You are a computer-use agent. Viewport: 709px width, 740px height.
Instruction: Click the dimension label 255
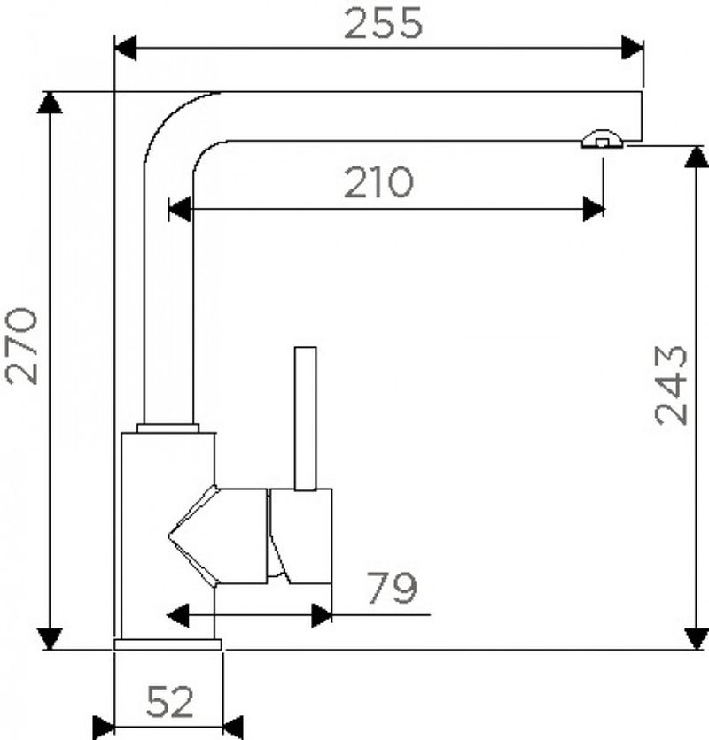pyautogui.click(x=384, y=23)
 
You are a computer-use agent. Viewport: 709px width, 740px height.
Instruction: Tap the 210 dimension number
pyautogui.click(x=378, y=182)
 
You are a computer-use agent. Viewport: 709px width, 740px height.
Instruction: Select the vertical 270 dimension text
pyautogui.click(x=21, y=346)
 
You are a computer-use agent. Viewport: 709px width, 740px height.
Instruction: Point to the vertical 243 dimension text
pyautogui.click(x=671, y=385)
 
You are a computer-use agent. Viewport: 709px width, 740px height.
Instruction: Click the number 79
pyautogui.click(x=393, y=588)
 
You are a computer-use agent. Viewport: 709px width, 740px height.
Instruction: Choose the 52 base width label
pyautogui.click(x=170, y=702)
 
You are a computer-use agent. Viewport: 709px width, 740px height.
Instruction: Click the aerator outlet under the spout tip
pyautogui.click(x=602, y=139)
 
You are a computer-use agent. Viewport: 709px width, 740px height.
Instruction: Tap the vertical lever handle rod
pyautogui.click(x=306, y=419)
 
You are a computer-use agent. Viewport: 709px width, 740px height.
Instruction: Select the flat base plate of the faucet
pyautogui.click(x=168, y=644)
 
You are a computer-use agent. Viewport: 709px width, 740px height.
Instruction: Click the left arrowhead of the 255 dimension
pyautogui.click(x=125, y=48)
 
